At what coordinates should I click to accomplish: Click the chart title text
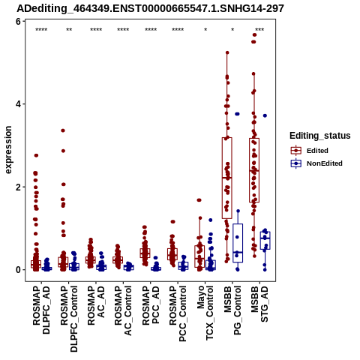tap(150, 8)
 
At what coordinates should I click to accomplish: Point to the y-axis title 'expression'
tap(8, 150)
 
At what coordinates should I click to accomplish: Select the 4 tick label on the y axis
tap(18, 104)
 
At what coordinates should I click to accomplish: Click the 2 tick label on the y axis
tap(18, 187)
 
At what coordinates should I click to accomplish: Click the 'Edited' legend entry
tap(317, 151)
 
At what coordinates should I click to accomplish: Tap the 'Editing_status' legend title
tap(320, 136)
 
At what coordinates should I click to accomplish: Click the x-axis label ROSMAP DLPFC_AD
tap(41, 310)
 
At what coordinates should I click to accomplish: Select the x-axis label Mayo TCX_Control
tap(205, 313)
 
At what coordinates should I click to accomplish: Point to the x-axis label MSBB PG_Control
tap(232, 310)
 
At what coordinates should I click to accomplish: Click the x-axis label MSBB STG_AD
tap(259, 304)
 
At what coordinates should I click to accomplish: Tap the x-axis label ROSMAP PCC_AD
tap(151, 305)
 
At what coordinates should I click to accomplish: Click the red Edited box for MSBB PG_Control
tap(227, 178)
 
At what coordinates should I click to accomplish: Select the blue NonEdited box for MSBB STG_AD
tap(265, 241)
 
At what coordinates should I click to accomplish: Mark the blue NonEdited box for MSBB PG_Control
tap(238, 243)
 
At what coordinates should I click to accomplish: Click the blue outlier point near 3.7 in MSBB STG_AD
tap(265, 115)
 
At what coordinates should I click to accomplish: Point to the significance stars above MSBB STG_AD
tap(259, 30)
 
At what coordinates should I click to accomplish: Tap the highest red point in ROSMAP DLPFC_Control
tap(63, 130)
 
